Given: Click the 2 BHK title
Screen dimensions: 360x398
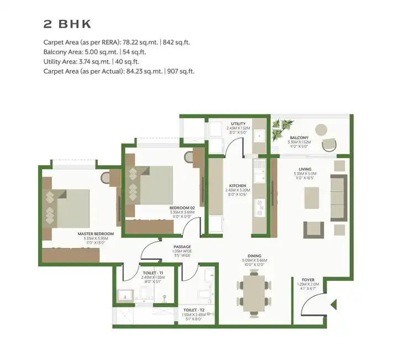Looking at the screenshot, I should [67, 24].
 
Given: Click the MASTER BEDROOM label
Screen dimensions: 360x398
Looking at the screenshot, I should [96, 234].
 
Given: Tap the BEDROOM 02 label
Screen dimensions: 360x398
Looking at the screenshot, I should [182, 207].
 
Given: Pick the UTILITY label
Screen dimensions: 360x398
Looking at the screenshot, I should [238, 123].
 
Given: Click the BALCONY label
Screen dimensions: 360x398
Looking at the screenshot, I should [299, 137].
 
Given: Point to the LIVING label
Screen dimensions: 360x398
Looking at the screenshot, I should [305, 169].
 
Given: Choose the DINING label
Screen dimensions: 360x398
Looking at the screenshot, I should [254, 255].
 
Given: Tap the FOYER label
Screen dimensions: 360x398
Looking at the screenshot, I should [308, 280].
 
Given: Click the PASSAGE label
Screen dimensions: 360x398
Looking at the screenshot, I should [182, 247].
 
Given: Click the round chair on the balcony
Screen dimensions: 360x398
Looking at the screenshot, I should [329, 144].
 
